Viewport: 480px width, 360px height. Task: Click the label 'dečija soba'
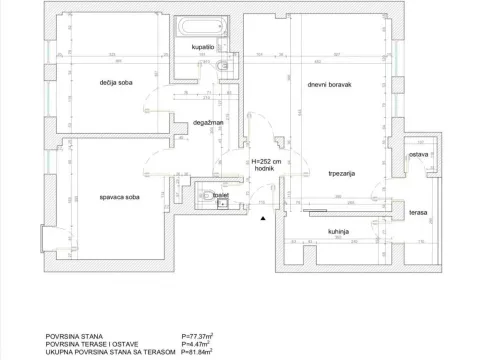click(117, 82)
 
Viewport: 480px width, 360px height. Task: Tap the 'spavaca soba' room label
click(118, 200)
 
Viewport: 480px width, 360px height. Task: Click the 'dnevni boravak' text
click(328, 83)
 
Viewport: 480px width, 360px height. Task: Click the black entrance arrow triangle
click(262, 216)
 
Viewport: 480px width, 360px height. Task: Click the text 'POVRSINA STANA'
click(75, 337)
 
